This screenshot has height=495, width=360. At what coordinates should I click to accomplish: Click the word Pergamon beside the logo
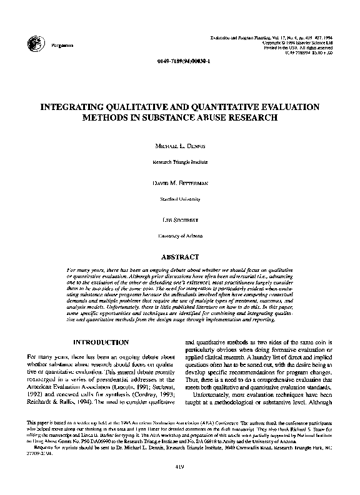pos(60,46)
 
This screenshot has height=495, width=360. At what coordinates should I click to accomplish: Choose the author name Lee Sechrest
pos(179,219)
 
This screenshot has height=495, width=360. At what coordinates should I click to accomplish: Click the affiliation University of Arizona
pos(179,236)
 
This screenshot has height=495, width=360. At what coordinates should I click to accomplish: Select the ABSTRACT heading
pos(179,256)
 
